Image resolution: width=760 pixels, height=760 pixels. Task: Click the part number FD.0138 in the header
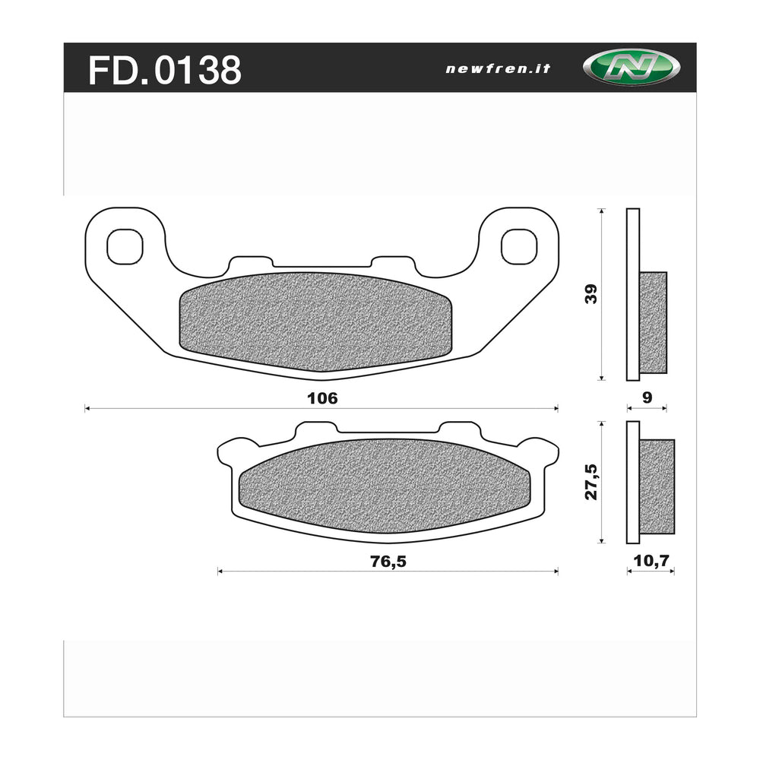[x=165, y=70]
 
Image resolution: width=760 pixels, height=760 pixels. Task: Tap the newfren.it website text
[x=498, y=68]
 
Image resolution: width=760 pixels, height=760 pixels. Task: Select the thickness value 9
[x=647, y=397]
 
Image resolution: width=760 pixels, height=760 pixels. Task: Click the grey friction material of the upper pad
[x=315, y=321]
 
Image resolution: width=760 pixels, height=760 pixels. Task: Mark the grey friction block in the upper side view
[x=653, y=322]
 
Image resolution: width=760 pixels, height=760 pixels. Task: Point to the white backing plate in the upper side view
[x=632, y=293]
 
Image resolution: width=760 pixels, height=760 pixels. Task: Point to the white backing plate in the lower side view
[x=632, y=483]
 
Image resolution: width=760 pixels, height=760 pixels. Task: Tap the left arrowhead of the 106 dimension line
[x=87, y=409]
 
